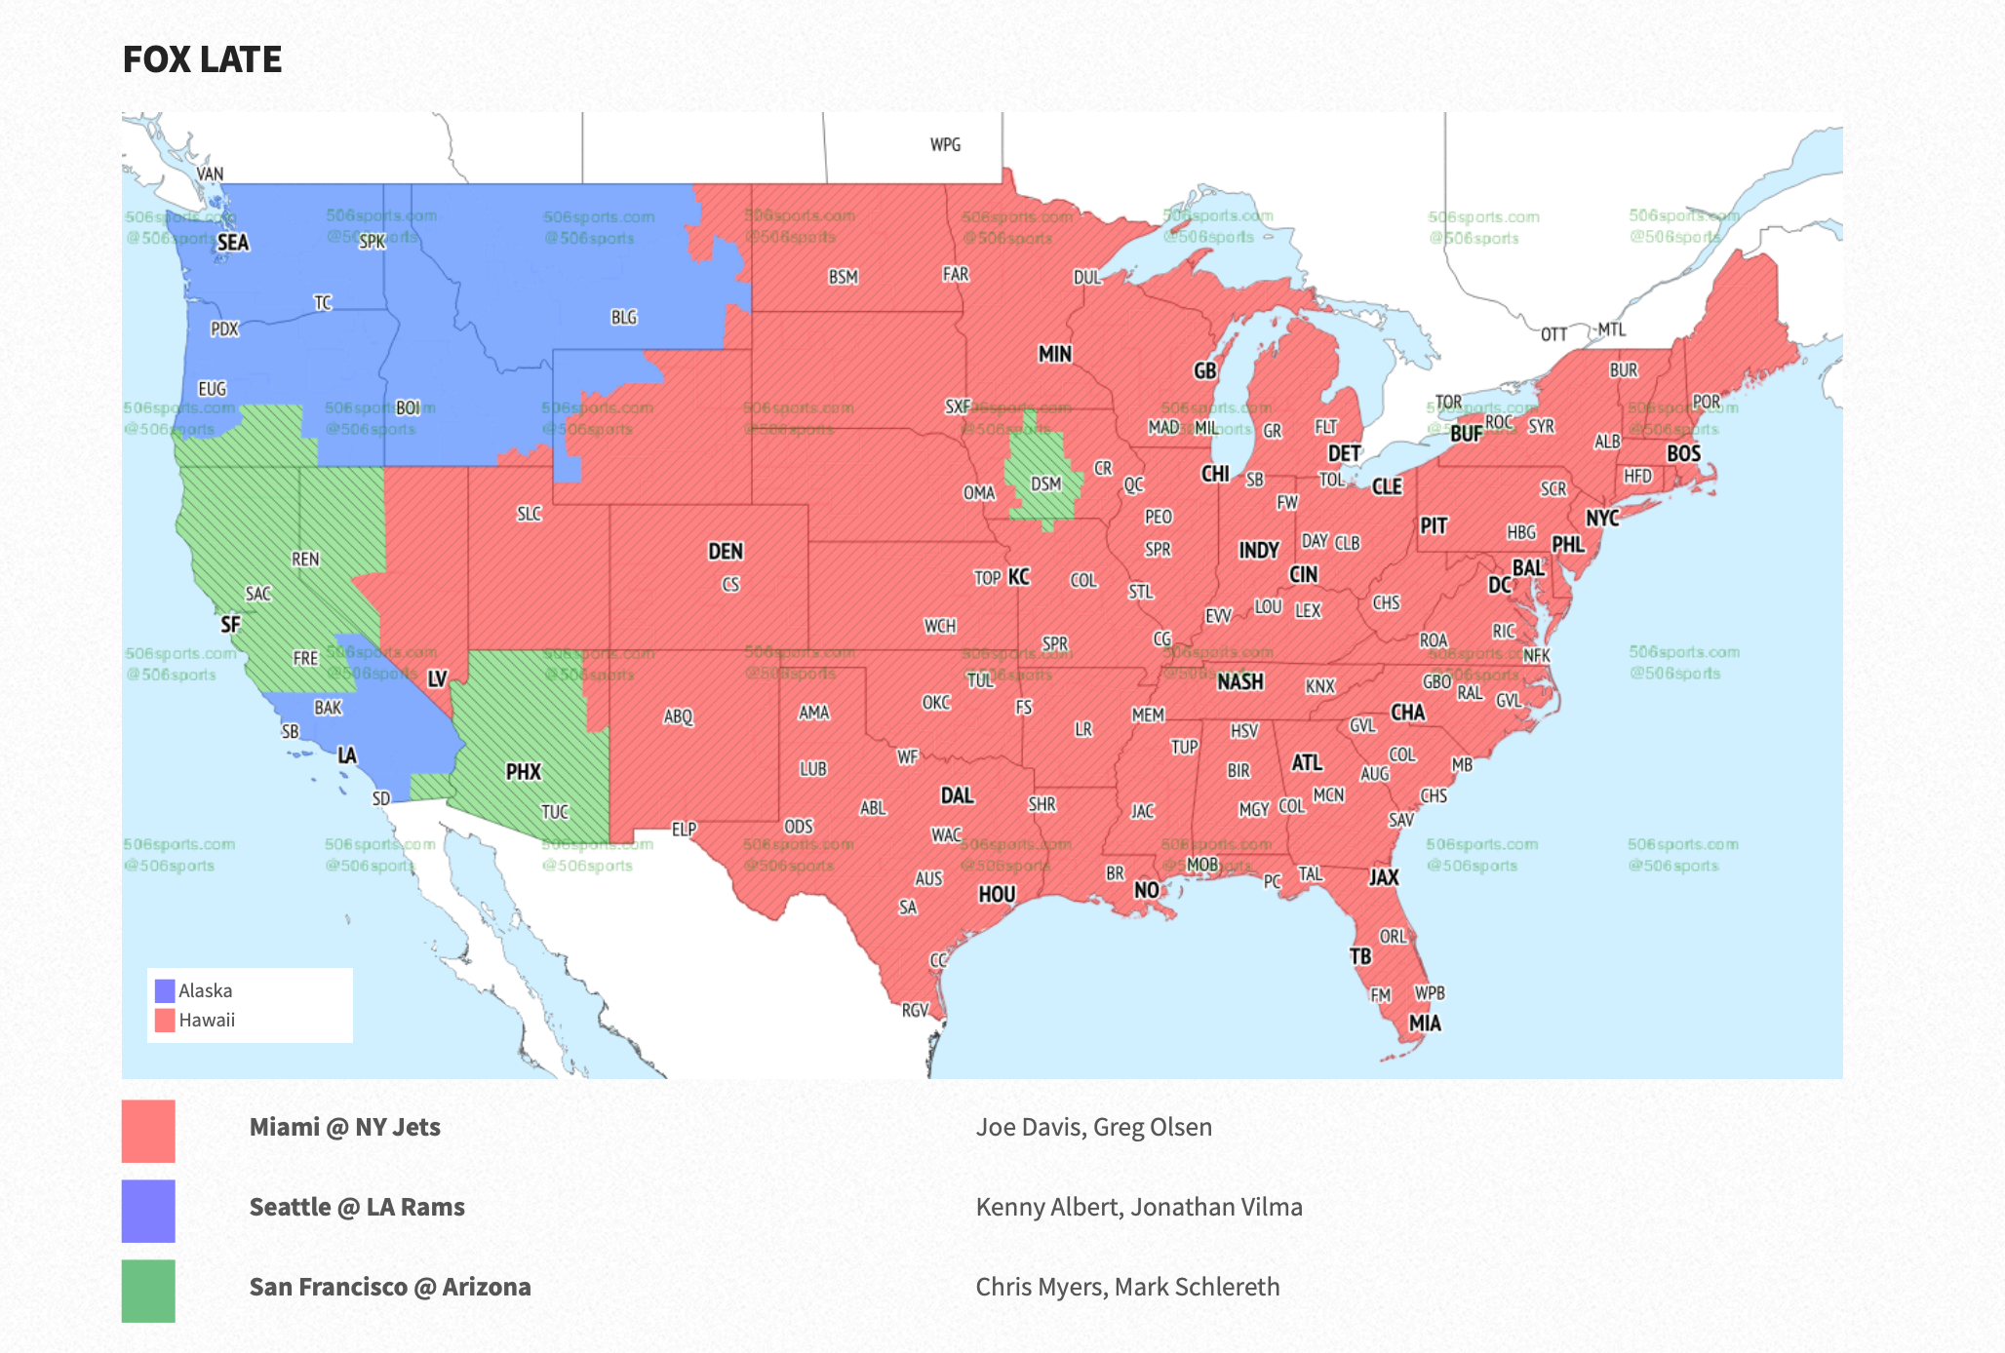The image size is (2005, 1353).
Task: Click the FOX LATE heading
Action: [202, 59]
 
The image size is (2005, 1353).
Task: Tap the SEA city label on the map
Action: [233, 243]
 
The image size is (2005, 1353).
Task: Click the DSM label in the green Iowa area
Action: [1045, 483]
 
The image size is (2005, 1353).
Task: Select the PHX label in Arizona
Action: [523, 772]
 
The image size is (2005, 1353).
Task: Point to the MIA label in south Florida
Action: [1425, 1024]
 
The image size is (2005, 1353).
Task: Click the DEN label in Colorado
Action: [726, 552]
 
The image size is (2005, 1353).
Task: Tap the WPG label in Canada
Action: [945, 145]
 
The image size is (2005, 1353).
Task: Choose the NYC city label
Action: [1602, 518]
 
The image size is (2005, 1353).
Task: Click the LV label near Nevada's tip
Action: [437, 679]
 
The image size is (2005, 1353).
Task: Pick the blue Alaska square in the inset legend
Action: [165, 991]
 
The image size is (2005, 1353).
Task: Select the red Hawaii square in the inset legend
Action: [165, 1021]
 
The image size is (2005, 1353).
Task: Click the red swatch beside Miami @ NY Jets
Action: [148, 1131]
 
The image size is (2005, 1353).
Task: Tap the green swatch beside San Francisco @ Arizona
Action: [148, 1291]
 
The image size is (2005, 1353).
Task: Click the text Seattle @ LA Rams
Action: [357, 1207]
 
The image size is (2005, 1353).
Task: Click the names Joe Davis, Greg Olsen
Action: [1093, 1127]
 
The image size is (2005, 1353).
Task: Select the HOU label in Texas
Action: [997, 894]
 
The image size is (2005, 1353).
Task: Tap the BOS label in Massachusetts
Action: [1683, 453]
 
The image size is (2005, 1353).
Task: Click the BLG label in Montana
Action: [624, 318]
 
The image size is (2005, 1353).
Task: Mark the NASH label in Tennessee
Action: [1239, 682]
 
